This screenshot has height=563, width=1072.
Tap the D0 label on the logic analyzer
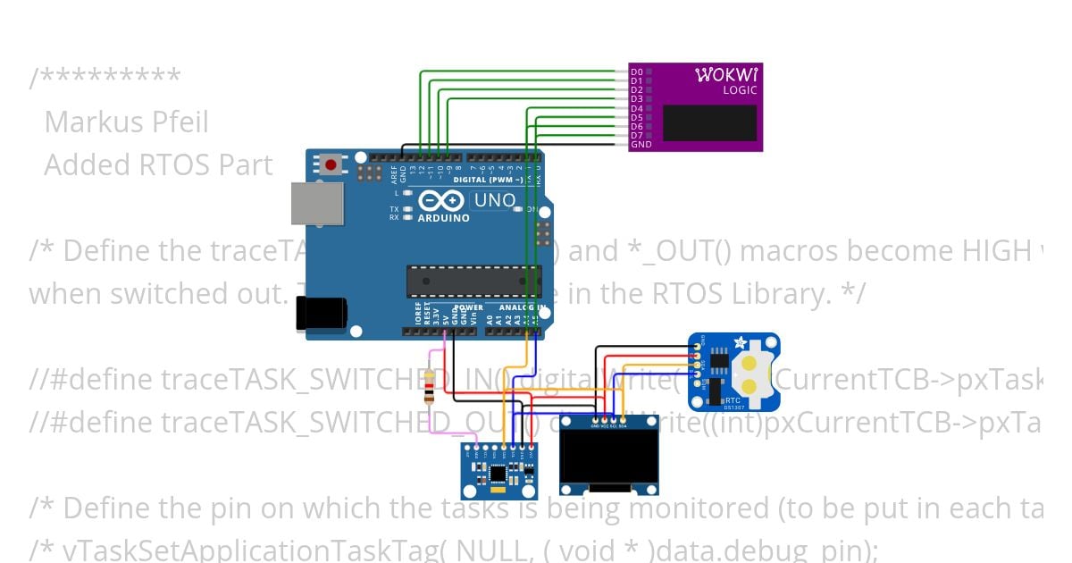(x=636, y=71)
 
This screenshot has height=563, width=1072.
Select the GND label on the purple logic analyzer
(x=640, y=144)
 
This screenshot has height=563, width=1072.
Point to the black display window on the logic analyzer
(x=710, y=122)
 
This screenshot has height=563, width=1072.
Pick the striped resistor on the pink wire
(x=432, y=386)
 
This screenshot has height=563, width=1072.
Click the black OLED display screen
(x=609, y=459)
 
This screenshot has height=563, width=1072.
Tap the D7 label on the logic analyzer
(x=636, y=135)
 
